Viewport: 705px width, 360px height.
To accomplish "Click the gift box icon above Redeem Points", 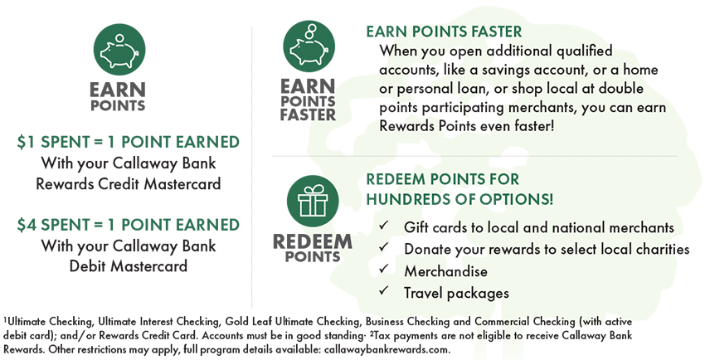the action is [313, 201].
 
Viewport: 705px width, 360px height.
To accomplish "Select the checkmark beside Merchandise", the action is [383, 269].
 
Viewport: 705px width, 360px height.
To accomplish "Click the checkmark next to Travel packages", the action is [383, 290].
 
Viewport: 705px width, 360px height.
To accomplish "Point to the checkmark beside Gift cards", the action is [383, 225].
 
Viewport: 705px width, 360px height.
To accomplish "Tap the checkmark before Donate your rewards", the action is [383, 246].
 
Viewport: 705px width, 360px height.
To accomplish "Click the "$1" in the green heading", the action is [27, 142].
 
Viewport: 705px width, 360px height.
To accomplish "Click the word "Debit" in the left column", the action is [88, 265].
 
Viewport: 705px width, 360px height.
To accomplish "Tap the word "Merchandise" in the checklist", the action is [445, 271].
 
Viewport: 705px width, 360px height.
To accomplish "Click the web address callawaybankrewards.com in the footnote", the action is [387, 349].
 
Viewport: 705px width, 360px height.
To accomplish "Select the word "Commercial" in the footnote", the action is [503, 322].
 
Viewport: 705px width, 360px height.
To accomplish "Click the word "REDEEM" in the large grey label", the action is [313, 242].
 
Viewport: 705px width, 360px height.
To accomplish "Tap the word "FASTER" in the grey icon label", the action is [308, 114].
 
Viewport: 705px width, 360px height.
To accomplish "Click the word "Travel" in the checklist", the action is [424, 293].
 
